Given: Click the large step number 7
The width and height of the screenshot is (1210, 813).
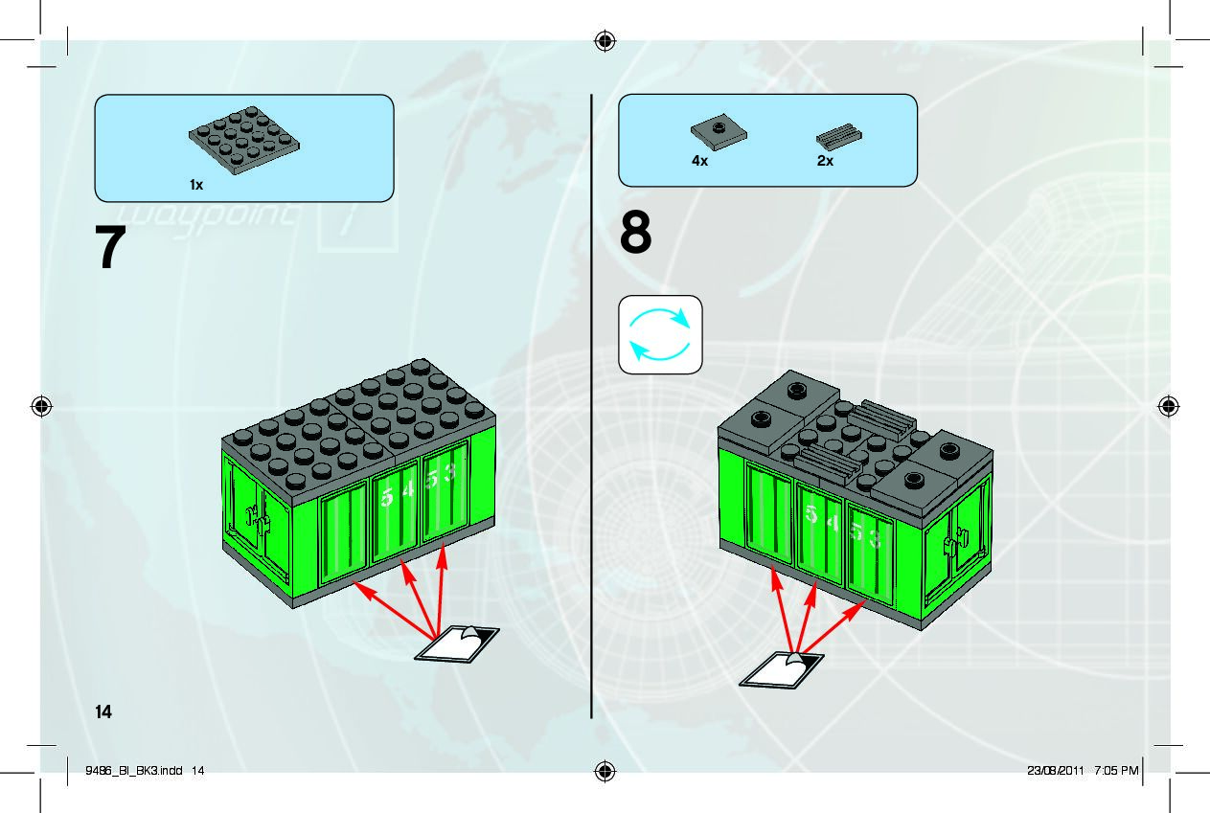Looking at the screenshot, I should pos(111,249).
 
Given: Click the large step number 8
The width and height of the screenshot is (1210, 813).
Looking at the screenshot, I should pos(636,235).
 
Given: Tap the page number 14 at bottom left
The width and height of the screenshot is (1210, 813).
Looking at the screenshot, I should pos(103,711).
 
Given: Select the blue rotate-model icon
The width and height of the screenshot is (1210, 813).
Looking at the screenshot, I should pos(660,334).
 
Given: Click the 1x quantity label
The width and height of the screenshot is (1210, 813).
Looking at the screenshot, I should pos(196,185).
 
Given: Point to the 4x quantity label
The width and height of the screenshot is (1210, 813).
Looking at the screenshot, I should pos(699,162).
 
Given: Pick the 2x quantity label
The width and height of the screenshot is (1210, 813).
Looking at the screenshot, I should pos(825,162).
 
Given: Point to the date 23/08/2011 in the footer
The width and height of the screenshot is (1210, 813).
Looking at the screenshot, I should pos(1055,770).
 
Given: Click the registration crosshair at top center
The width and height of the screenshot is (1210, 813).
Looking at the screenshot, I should pos(605,40).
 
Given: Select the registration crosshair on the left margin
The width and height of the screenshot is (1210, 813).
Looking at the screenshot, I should pos(40,406).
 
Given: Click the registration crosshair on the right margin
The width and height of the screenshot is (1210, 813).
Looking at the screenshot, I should pos(1169,406).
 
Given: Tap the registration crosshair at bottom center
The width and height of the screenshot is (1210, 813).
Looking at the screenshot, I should pos(605,772).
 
